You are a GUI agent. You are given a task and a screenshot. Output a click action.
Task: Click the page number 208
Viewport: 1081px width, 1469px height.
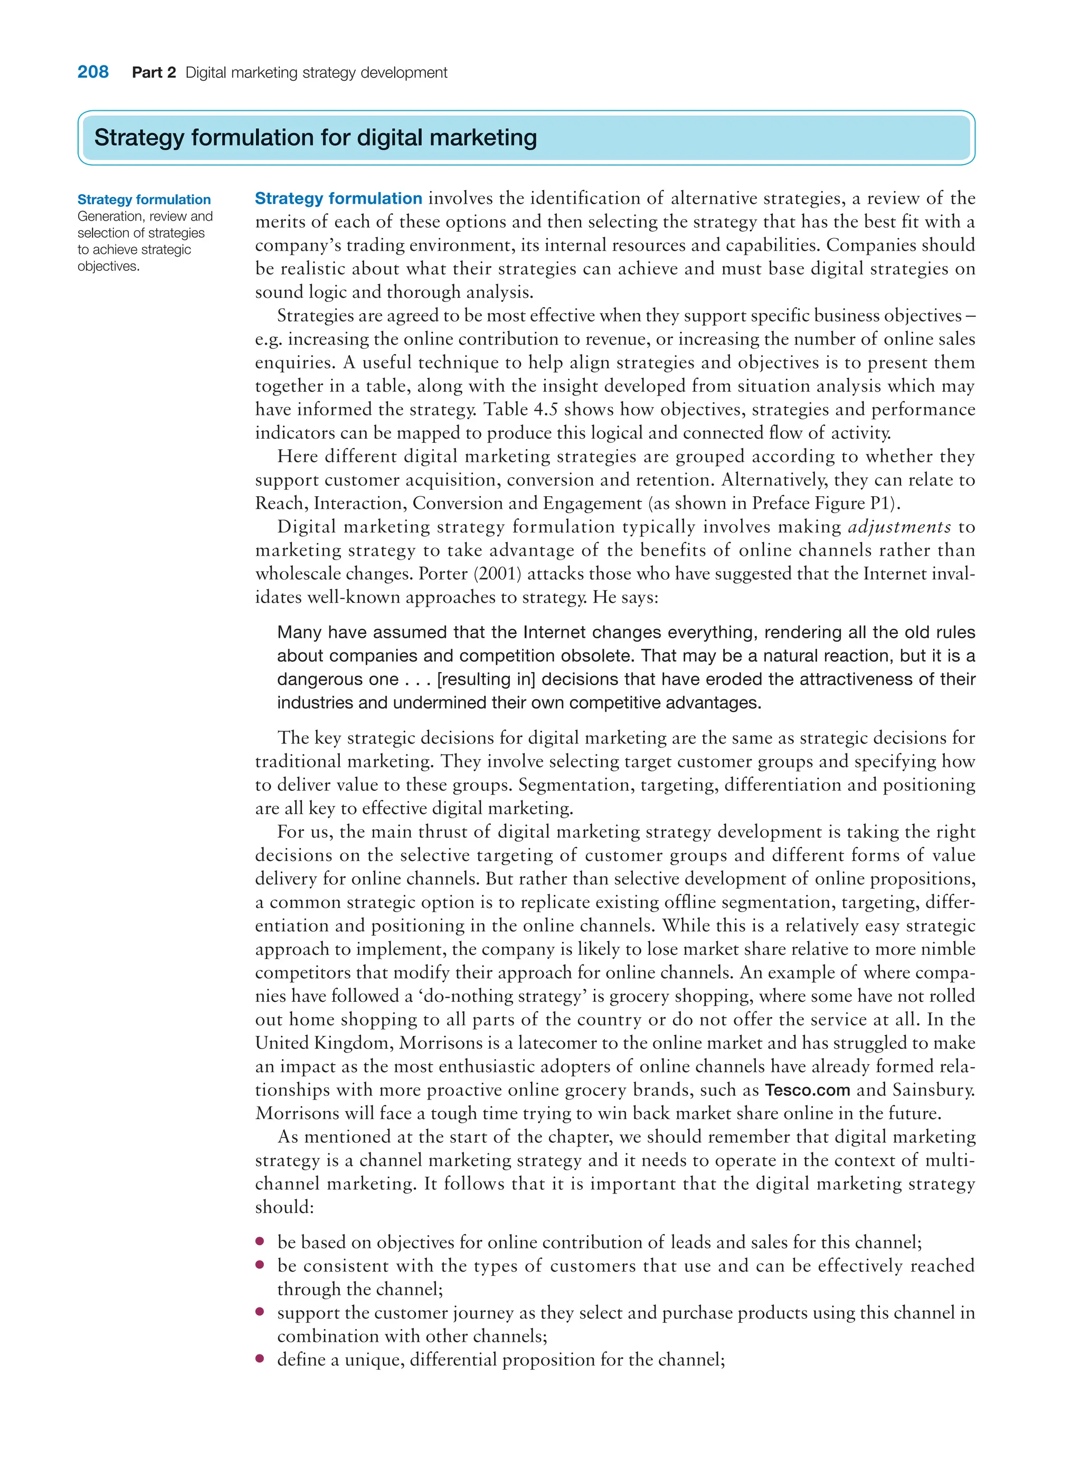tap(93, 72)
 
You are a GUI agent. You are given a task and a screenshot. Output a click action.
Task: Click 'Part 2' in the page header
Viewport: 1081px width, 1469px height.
tap(154, 73)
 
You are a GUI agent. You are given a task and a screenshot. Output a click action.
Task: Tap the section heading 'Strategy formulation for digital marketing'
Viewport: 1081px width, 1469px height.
tap(316, 137)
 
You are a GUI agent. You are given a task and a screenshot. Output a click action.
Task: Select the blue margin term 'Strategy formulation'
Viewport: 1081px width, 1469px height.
tap(144, 200)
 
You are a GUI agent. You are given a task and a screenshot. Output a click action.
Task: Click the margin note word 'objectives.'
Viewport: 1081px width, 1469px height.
tap(108, 267)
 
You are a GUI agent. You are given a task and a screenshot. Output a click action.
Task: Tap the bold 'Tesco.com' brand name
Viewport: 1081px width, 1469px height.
tap(807, 1090)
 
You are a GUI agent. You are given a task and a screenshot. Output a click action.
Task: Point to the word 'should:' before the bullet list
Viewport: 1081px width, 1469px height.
tap(285, 1207)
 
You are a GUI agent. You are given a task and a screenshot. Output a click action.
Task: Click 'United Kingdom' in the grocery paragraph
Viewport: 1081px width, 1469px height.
tap(324, 1043)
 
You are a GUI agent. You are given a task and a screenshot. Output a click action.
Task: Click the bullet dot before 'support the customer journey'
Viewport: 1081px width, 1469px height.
tap(260, 1312)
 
